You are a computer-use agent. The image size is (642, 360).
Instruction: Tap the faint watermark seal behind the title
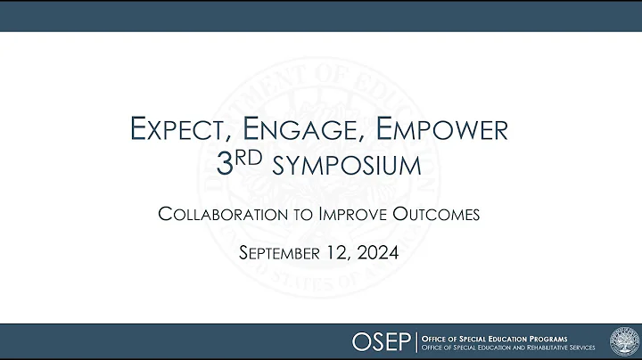click(320, 178)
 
